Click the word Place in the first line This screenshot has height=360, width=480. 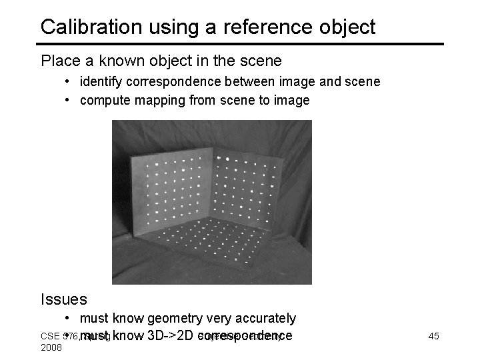[x=59, y=61]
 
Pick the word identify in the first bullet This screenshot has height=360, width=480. [x=102, y=82]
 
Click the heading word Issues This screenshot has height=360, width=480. [x=64, y=300]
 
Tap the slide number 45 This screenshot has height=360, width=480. [x=433, y=336]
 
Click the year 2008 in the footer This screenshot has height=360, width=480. [x=51, y=347]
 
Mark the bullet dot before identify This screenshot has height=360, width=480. [x=69, y=82]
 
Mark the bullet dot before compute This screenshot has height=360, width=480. [x=69, y=101]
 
